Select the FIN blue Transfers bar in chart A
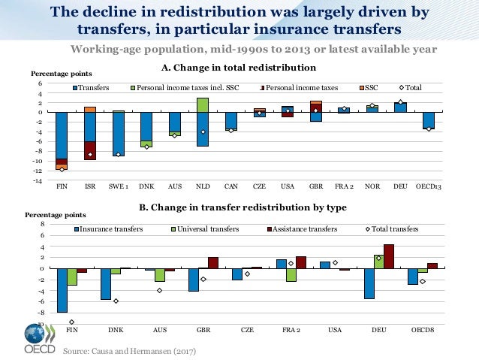62,135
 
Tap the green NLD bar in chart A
203,104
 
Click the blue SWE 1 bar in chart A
118,134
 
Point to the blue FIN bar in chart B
62,290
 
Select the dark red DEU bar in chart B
388,256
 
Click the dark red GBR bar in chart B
213,263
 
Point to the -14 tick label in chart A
36,180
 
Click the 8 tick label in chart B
43,224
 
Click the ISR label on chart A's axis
90,186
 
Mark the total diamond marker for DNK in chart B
116,301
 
